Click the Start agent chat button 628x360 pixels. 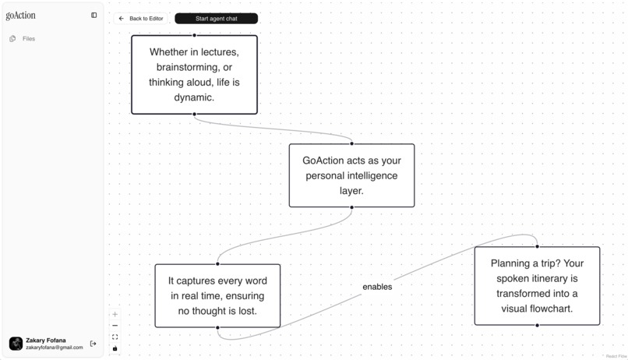[217, 19]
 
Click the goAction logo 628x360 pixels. [20, 16]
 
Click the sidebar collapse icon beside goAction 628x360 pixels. [93, 16]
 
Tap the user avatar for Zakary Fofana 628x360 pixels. [16, 344]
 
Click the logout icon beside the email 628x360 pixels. [93, 344]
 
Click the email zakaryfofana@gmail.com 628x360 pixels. [55, 348]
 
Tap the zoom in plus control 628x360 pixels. [115, 314]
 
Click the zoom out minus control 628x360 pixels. [115, 326]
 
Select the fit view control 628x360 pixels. [115, 337]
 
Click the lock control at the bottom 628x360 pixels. [115, 348]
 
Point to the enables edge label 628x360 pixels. [377, 287]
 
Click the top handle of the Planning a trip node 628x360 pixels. [537, 247]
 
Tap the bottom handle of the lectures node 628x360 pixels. [194, 114]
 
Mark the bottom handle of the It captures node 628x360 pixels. [217, 327]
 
